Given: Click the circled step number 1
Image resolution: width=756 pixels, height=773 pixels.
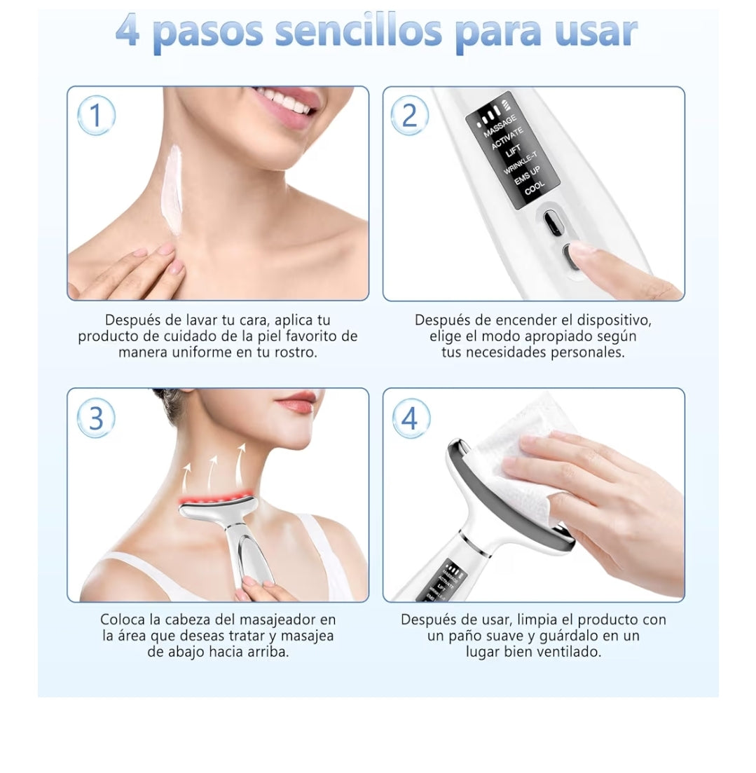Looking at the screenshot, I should click(x=95, y=116).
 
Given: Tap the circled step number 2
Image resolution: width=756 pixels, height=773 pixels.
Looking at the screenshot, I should click(x=410, y=116).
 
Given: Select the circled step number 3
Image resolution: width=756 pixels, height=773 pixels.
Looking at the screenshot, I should click(x=95, y=418).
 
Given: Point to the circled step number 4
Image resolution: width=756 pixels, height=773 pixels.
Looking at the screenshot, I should click(x=410, y=418).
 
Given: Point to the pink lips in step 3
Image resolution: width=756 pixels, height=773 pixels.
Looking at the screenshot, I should click(x=298, y=404).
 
